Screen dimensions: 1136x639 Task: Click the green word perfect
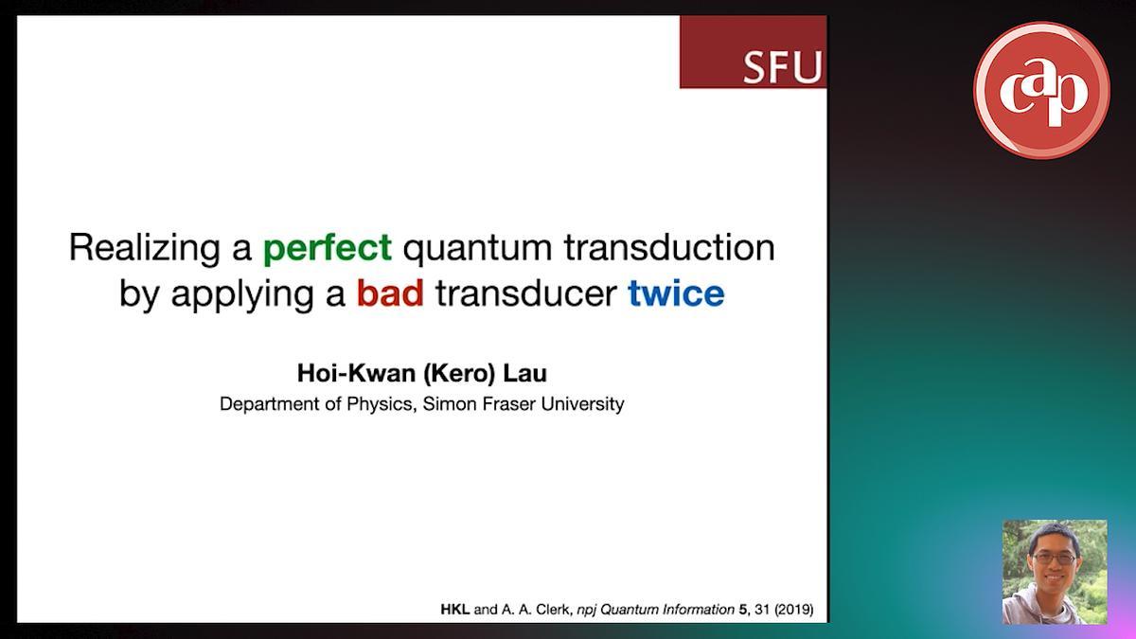click(x=328, y=248)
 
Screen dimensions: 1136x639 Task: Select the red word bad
click(x=390, y=293)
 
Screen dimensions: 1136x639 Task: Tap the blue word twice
click(x=676, y=293)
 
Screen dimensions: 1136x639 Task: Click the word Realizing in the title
click(x=145, y=248)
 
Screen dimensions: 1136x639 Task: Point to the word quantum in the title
click(x=478, y=250)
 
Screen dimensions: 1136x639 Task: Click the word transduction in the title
click(x=669, y=247)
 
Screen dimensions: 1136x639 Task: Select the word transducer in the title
click(x=526, y=293)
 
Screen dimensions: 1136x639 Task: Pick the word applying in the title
click(x=242, y=295)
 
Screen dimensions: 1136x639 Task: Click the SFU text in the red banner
click(x=783, y=67)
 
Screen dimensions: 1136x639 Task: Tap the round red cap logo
click(x=1041, y=90)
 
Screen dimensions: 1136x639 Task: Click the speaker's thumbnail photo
click(x=1055, y=572)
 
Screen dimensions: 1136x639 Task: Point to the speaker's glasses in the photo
click(x=1055, y=559)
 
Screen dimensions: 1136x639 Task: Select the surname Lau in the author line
click(x=524, y=373)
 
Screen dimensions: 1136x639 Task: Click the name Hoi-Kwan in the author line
click(x=357, y=373)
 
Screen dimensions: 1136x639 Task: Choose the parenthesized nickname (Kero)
click(x=459, y=374)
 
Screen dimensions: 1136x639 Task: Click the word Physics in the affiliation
click(x=382, y=404)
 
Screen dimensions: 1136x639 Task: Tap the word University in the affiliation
click(x=583, y=404)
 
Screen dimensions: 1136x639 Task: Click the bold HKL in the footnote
click(x=455, y=609)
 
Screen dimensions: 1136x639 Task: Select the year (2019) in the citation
click(x=794, y=609)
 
